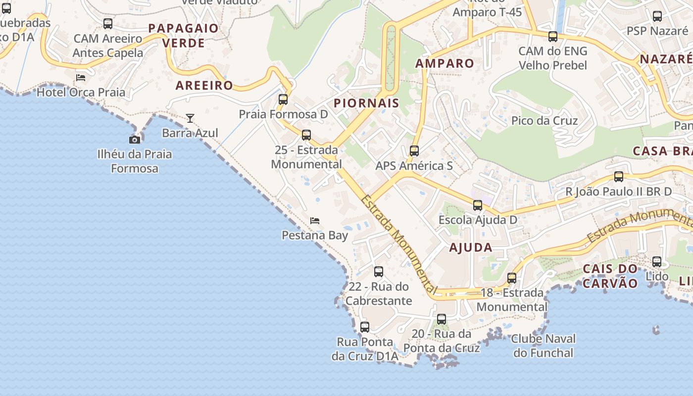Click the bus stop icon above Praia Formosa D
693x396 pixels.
point(283,99)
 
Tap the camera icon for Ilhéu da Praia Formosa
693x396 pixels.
point(134,140)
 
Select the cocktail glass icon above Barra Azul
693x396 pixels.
point(190,118)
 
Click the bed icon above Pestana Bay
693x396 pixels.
point(315,221)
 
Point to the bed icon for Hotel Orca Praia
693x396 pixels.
point(81,78)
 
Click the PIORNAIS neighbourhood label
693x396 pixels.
point(366,103)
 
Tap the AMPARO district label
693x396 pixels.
point(445,63)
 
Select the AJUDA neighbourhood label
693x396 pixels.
point(471,248)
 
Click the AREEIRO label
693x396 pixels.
point(204,85)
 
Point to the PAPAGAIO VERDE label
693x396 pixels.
point(183,36)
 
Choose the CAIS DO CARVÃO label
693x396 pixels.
point(610,276)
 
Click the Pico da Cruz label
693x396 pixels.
point(544,120)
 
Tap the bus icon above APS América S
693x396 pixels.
point(414,151)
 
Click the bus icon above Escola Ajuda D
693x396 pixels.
point(478,205)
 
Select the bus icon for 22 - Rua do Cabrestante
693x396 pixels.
point(379,272)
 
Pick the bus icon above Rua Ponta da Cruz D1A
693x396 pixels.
point(365,327)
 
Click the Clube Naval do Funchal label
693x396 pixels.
point(543,346)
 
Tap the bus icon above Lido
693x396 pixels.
point(657,262)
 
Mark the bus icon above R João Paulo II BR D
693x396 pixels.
point(619,177)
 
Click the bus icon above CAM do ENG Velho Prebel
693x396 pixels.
point(553,37)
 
